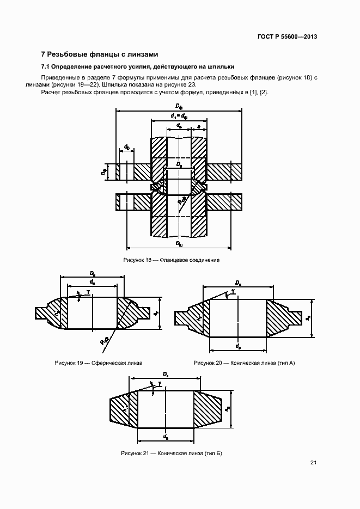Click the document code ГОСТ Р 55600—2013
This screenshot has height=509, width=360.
pyautogui.click(x=287, y=37)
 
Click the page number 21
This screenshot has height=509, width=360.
pyautogui.click(x=313, y=463)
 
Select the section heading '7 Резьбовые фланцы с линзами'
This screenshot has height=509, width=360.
pyautogui.click(x=100, y=54)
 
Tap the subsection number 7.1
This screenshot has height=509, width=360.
pyautogui.click(x=46, y=67)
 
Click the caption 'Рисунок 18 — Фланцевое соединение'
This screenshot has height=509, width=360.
pyautogui.click(x=172, y=260)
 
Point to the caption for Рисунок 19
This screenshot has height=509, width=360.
pyautogui.click(x=98, y=363)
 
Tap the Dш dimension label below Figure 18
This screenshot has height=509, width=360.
pyautogui.click(x=179, y=243)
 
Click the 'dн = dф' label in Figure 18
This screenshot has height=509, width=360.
pyautogui.click(x=179, y=115)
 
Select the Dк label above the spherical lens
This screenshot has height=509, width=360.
pyautogui.click(x=93, y=273)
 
